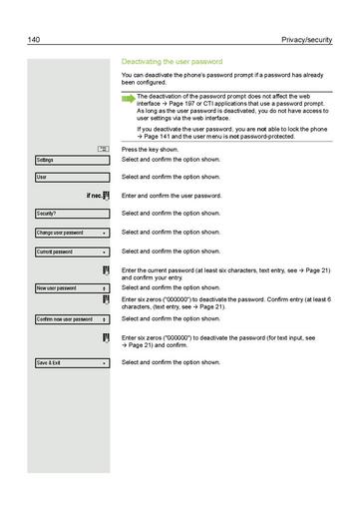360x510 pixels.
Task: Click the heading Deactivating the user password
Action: tap(171, 62)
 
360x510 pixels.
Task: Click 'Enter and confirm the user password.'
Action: tap(184, 196)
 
